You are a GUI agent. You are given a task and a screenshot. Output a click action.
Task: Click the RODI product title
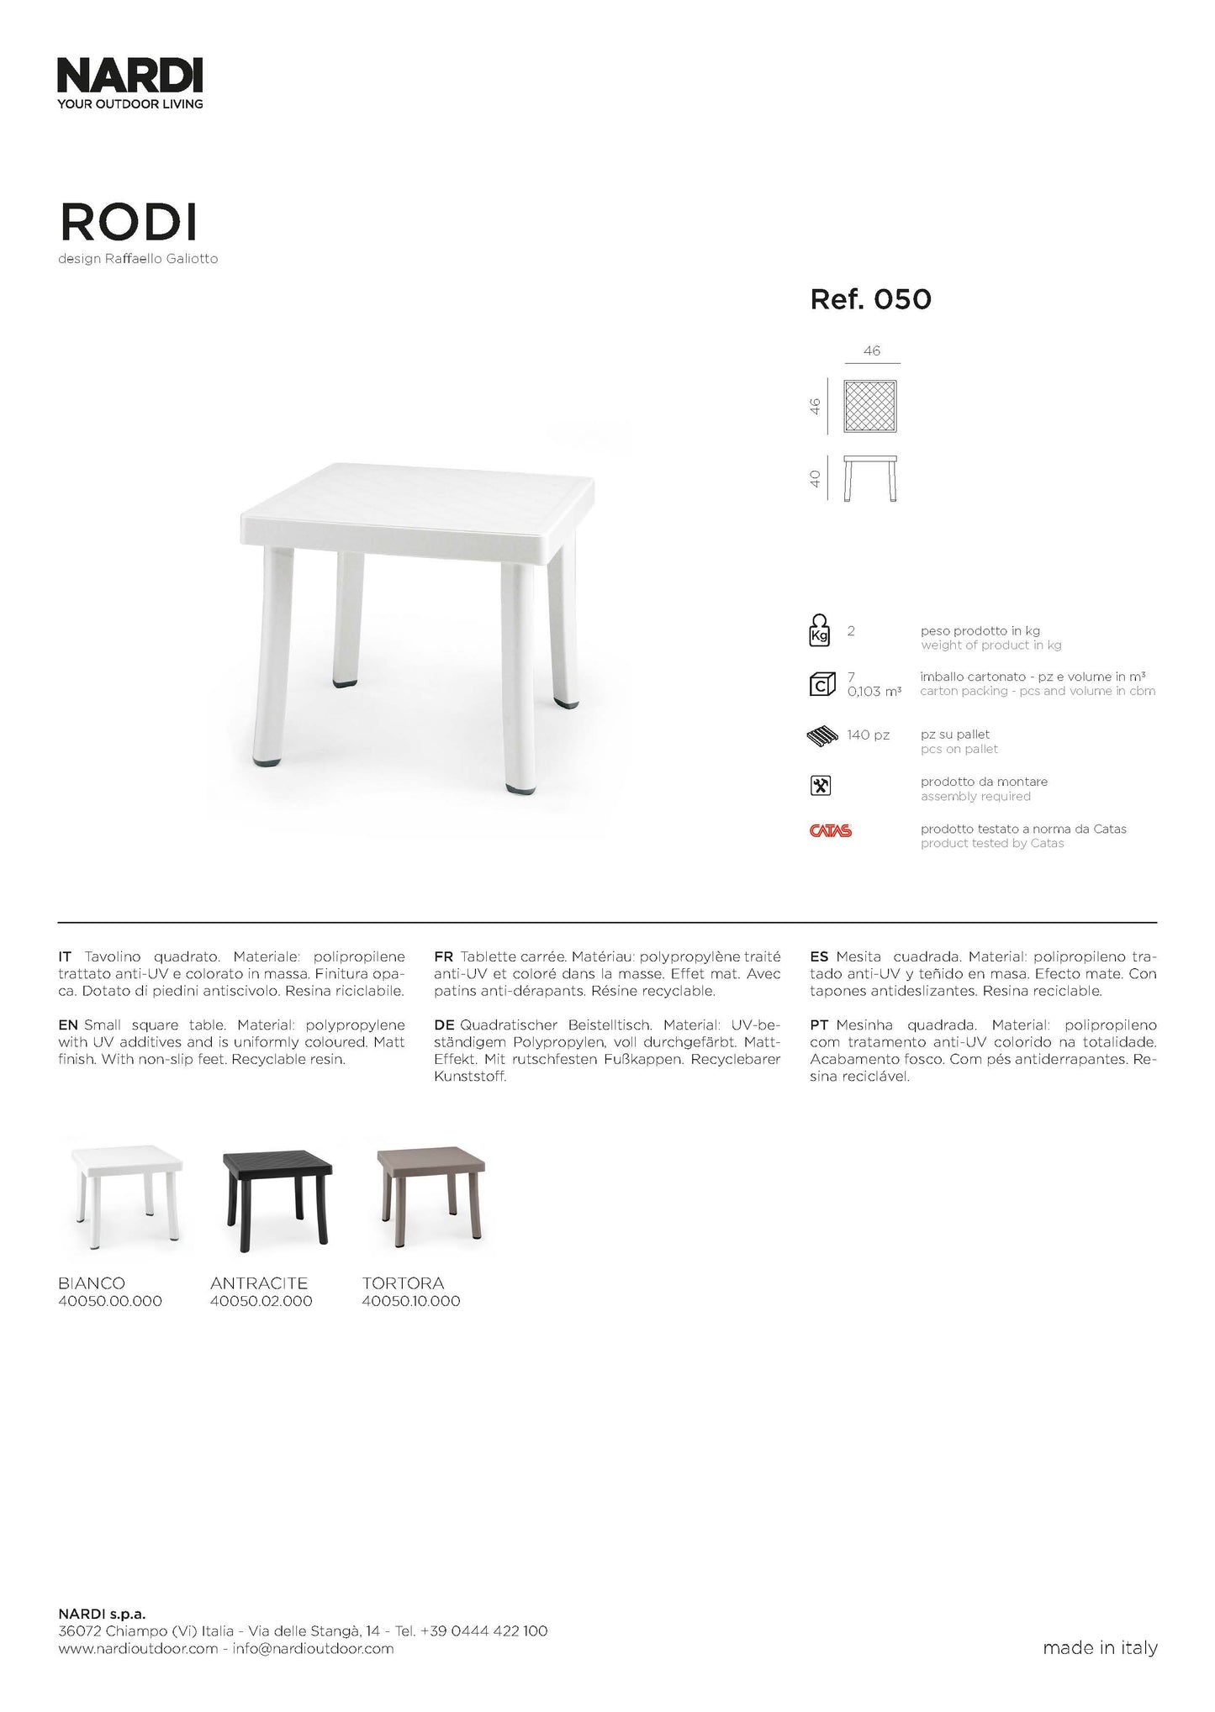(128, 223)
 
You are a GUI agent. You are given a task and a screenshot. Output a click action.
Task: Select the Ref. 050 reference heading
(870, 299)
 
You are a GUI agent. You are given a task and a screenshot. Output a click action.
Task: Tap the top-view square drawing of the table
(870, 407)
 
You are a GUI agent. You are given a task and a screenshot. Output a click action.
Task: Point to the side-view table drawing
(870, 478)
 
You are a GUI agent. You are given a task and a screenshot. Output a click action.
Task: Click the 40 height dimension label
(815, 479)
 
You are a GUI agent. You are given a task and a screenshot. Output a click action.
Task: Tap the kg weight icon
(819, 630)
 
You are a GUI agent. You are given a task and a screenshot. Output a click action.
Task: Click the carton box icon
(821, 684)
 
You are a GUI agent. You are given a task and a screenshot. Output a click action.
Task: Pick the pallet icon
(822, 736)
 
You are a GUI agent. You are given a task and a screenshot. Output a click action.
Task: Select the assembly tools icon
(820, 785)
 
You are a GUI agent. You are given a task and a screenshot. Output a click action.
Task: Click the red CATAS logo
(831, 831)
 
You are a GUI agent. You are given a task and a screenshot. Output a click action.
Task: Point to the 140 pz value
(868, 735)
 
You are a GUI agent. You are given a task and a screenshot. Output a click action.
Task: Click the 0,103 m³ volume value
(874, 692)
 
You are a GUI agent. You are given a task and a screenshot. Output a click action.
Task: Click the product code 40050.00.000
(110, 1301)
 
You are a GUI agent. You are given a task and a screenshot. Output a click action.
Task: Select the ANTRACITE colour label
(259, 1283)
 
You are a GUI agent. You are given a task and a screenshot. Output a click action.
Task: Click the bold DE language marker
(444, 1025)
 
